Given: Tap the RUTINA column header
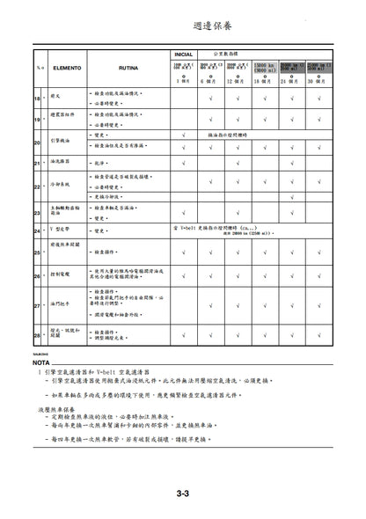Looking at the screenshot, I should click(128, 66).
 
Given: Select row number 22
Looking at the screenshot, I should click(38, 186).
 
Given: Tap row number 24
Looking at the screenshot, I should click(38, 231).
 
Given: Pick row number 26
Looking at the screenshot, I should click(38, 275).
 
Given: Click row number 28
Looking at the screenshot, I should click(38, 334).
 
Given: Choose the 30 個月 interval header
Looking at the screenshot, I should click(318, 81).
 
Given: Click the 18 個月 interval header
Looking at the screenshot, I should click(265, 81).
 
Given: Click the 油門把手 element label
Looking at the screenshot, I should click(62, 305).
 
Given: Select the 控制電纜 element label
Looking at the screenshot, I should click(62, 275).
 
